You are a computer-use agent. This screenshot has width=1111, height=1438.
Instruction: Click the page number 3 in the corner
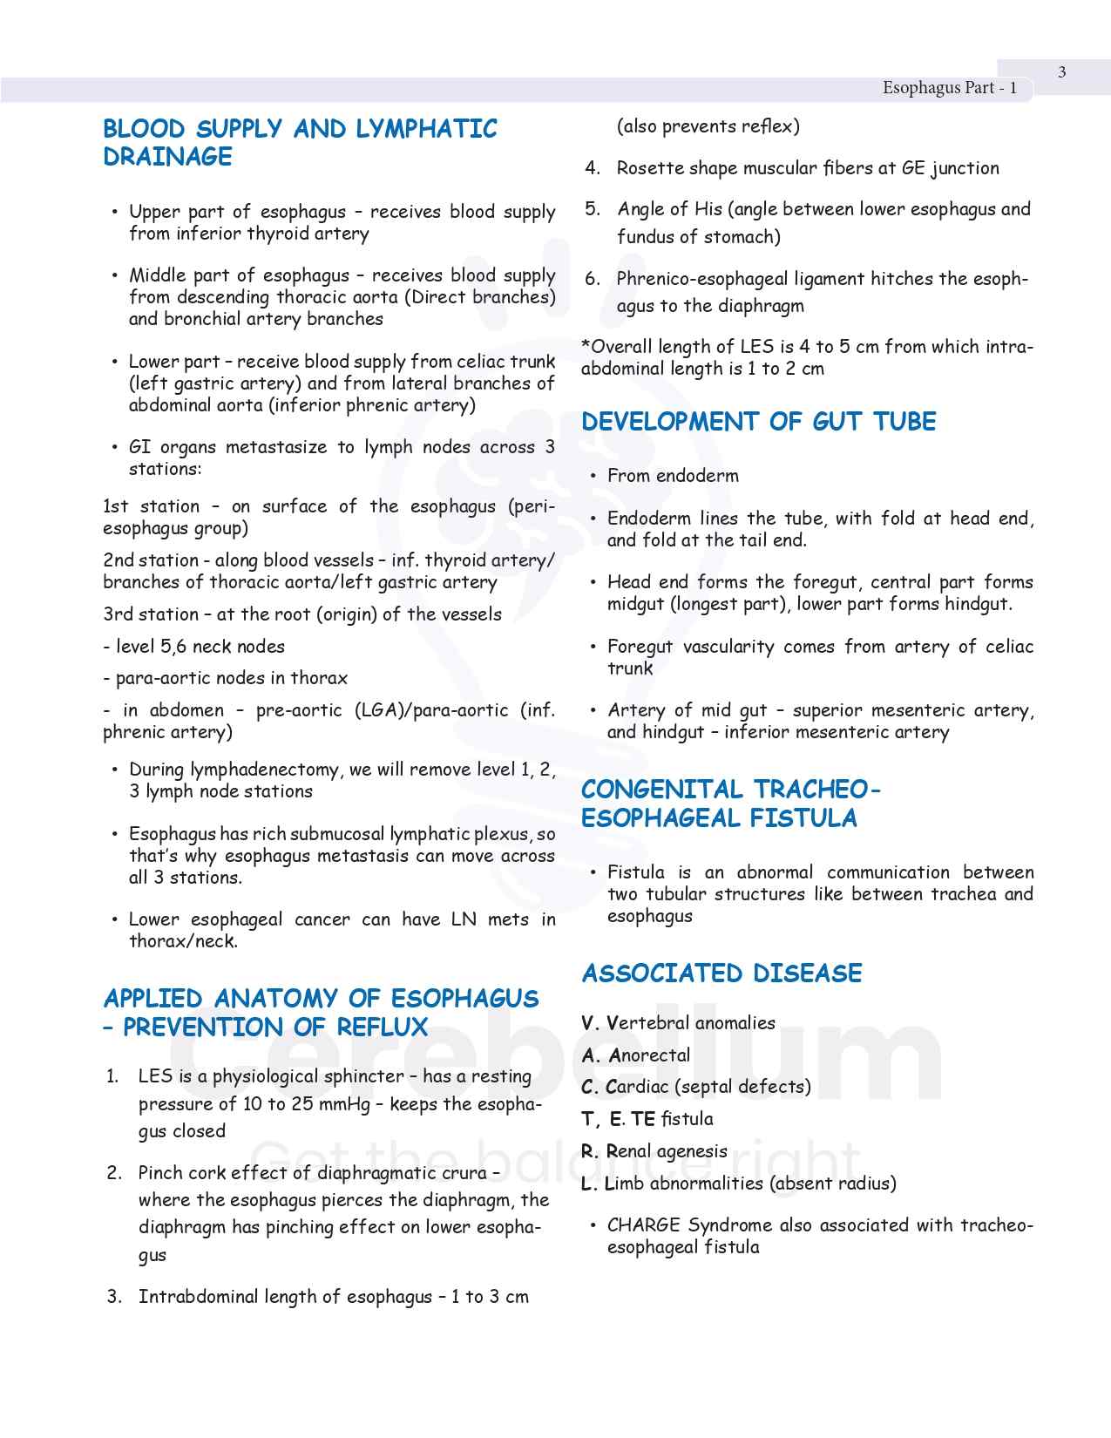tap(1061, 72)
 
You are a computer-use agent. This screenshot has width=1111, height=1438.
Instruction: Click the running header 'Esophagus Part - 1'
tap(949, 87)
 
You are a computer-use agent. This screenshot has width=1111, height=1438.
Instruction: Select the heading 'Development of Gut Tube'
tap(758, 422)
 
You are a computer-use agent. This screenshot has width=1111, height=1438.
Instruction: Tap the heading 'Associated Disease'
tap(721, 973)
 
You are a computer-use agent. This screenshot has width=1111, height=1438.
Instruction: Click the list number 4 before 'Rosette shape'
tap(593, 168)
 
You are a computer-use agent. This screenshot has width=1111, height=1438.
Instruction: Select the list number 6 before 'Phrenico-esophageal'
tap(593, 279)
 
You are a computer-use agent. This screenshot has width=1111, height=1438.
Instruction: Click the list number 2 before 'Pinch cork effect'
tap(114, 1173)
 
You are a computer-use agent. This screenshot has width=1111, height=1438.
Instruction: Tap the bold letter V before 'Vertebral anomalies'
tap(588, 1023)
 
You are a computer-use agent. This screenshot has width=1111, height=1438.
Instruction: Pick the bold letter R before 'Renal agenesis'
tap(589, 1151)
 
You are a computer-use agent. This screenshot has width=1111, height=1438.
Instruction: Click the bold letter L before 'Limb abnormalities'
tap(588, 1184)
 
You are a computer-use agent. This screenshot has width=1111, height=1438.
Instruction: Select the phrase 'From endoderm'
tap(673, 476)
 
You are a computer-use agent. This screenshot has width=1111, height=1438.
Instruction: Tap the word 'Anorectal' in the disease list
tap(650, 1055)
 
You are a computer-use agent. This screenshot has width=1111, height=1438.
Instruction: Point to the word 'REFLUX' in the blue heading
tap(382, 1028)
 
